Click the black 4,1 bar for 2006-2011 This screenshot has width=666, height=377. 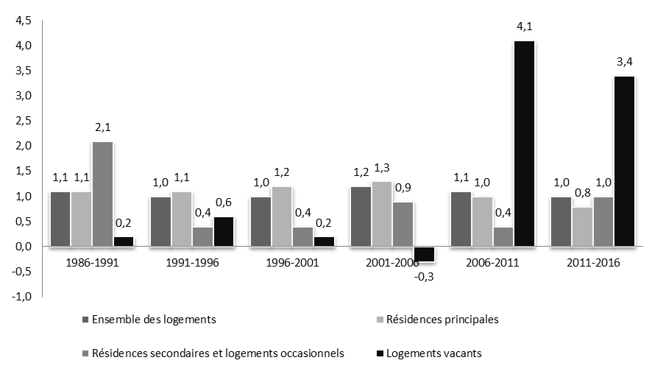tap(524, 144)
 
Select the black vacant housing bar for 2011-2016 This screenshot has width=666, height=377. tap(624, 161)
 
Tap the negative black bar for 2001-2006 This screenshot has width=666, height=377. tap(424, 254)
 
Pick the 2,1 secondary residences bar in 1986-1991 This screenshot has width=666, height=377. tap(102, 194)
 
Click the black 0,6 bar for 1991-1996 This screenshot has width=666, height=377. tap(223, 231)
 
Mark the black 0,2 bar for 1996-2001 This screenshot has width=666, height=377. tap(323, 242)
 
